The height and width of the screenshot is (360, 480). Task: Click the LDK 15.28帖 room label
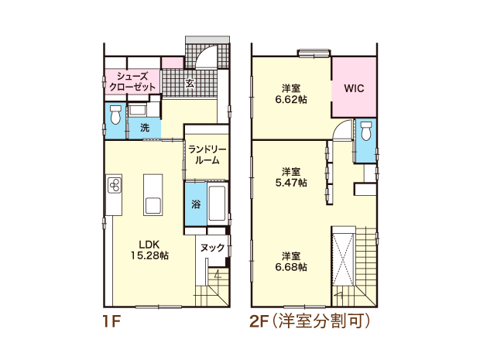click(x=149, y=250)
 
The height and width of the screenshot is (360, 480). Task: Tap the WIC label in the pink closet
click(x=354, y=88)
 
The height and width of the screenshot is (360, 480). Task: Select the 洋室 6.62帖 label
click(x=291, y=94)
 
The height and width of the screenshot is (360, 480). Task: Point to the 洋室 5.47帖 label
click(x=291, y=177)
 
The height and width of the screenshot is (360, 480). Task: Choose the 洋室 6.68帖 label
click(x=291, y=261)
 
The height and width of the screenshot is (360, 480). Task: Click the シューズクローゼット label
click(x=132, y=81)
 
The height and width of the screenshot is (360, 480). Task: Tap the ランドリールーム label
click(x=207, y=155)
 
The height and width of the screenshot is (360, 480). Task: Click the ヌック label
click(x=212, y=247)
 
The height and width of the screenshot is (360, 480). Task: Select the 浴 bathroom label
click(x=196, y=204)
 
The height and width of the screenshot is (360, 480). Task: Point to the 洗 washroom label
click(x=145, y=127)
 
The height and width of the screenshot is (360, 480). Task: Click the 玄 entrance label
click(x=190, y=83)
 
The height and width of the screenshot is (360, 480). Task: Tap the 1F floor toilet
click(x=115, y=115)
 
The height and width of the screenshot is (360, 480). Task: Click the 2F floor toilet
click(x=366, y=130)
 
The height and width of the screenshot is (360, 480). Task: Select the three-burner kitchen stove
click(x=115, y=184)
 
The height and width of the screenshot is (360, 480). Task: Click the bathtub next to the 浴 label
click(x=217, y=203)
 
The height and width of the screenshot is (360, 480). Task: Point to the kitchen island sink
click(x=153, y=205)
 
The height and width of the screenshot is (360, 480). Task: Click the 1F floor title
click(x=111, y=321)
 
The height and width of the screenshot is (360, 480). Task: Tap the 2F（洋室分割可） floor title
click(x=310, y=321)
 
